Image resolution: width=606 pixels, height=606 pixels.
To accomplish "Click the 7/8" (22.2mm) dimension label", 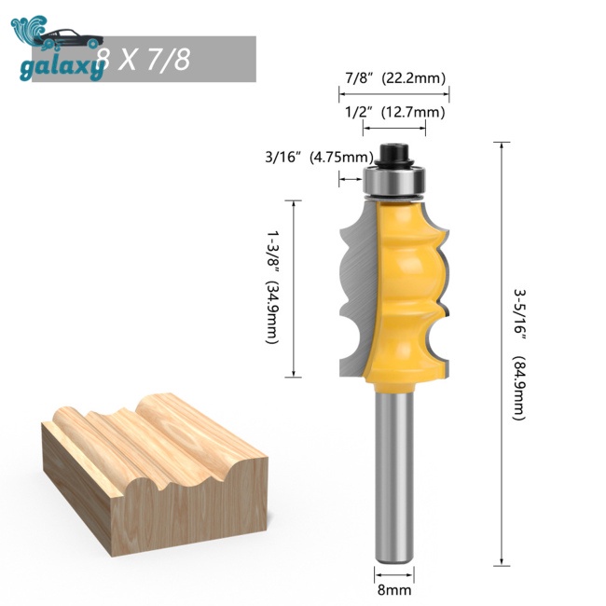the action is click(x=395, y=78).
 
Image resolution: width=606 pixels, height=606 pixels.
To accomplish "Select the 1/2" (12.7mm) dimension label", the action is click(x=394, y=112).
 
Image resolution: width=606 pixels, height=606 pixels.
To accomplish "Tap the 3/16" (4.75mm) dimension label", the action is click(x=319, y=158).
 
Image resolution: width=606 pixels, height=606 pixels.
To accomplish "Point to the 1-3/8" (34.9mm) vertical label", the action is click(x=272, y=287).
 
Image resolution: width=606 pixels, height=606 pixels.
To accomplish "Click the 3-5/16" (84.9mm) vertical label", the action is click(x=519, y=354).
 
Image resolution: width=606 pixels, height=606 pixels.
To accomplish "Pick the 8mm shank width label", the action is click(x=394, y=590).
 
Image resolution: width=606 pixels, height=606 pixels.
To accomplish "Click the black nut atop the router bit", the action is click(x=394, y=156).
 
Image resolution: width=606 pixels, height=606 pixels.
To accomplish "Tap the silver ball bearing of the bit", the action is click(x=394, y=181).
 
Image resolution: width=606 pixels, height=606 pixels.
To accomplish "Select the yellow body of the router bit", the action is click(x=405, y=294).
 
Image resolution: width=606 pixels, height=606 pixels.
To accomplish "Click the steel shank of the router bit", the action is click(x=394, y=476).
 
